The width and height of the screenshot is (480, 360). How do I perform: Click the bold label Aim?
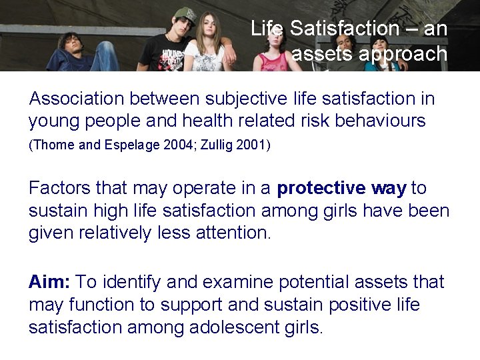[49, 282]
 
